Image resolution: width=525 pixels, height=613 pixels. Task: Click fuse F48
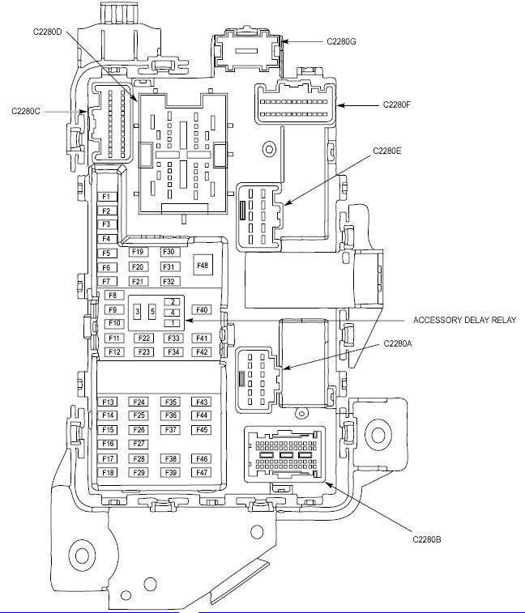(203, 266)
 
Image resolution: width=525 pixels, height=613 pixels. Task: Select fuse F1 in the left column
(107, 197)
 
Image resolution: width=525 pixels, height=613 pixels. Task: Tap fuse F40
(202, 310)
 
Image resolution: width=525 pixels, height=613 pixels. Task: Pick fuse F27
(139, 444)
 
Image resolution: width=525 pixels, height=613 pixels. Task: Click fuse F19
(139, 252)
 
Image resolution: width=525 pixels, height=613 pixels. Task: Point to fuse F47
(201, 472)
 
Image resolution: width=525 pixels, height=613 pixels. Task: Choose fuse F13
(108, 402)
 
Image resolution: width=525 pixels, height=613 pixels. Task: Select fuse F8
(114, 295)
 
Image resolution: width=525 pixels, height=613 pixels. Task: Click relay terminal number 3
(137, 312)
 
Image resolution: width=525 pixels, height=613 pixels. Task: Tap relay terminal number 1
(172, 323)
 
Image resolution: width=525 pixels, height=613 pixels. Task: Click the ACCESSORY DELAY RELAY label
(464, 320)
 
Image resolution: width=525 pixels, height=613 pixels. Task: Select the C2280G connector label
(341, 41)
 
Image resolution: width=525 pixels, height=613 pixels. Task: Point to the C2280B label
(427, 539)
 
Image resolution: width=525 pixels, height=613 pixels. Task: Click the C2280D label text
(47, 32)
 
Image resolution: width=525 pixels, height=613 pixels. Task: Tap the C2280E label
(387, 151)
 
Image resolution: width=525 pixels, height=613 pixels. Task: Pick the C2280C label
(26, 112)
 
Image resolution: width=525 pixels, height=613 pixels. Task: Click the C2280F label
(397, 104)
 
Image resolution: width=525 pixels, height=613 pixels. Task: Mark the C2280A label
(398, 343)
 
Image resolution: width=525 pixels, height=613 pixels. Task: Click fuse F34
(173, 352)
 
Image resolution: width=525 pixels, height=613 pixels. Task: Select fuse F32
(170, 281)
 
